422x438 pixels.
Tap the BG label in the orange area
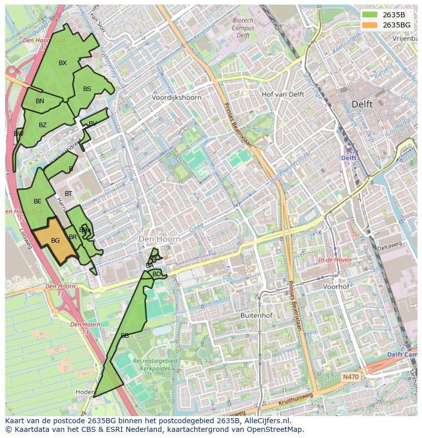pyautogui.click(x=56, y=241)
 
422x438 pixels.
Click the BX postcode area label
pyautogui.click(x=63, y=63)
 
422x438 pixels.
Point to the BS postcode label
pyautogui.click(x=87, y=89)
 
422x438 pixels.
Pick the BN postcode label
pyautogui.click(x=40, y=101)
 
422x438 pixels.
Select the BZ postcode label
pyautogui.click(x=43, y=125)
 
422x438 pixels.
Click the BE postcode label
pyautogui.click(x=38, y=201)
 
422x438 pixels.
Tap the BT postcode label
pyautogui.click(x=68, y=194)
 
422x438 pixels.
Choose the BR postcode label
pyautogui.click(x=73, y=237)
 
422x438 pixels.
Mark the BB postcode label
pyautogui.click(x=125, y=336)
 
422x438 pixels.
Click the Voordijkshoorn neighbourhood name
pyautogui.click(x=176, y=98)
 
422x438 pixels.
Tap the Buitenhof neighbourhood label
pyautogui.click(x=256, y=315)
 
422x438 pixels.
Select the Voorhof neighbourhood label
pyautogui.click(x=336, y=286)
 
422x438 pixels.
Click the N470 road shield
pyautogui.click(x=350, y=377)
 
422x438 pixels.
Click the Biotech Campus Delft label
pyautogui.click(x=243, y=28)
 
